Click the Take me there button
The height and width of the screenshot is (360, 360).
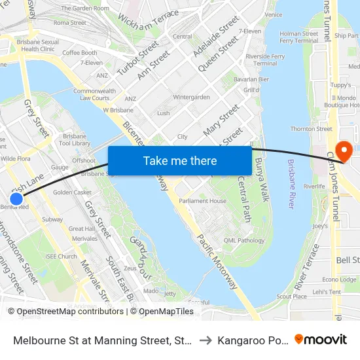point(180,160)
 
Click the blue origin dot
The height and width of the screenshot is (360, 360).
point(16,198)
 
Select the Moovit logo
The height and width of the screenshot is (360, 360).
point(321,339)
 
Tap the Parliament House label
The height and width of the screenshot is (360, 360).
point(202,201)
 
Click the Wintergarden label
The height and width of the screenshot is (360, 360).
point(191,97)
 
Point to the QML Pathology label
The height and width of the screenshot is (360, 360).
point(243,240)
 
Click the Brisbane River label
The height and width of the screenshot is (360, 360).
point(291,183)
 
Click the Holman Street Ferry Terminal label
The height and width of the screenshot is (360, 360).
point(298,37)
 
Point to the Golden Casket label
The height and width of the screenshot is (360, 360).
point(72,192)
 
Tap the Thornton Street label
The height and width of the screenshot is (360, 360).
point(311,129)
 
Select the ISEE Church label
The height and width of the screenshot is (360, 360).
point(61,257)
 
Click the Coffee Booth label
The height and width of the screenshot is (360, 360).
point(80,53)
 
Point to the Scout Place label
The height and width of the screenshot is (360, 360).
point(291,297)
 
